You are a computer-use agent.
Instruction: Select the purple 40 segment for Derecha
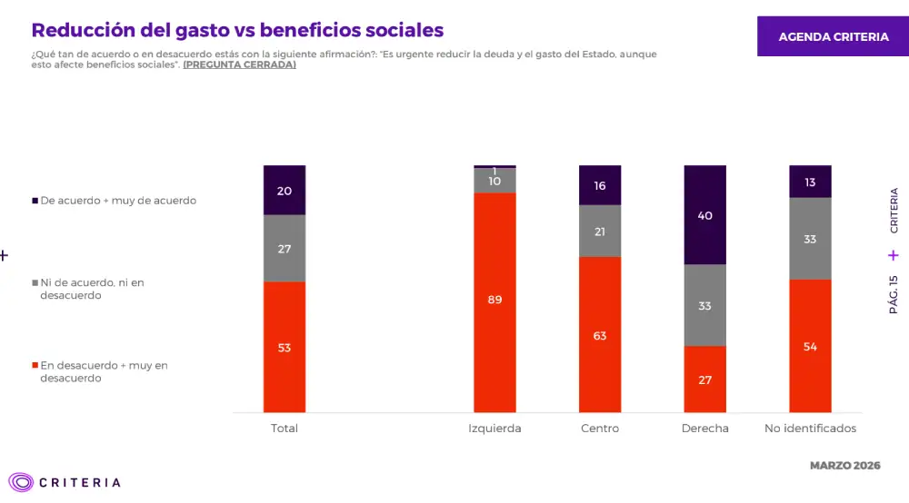coord(704,215)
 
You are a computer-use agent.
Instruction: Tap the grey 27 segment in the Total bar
coord(285,248)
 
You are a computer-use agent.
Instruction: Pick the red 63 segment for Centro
coord(600,335)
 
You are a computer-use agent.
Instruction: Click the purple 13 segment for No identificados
coord(810,182)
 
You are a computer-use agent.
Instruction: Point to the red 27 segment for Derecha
coord(704,380)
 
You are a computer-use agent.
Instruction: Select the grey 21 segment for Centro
coord(600,231)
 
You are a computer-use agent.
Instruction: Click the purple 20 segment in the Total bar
coord(285,190)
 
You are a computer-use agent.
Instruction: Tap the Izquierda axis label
coord(494,429)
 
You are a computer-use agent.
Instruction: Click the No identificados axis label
coord(810,429)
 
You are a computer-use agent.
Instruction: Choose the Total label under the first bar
coord(285,429)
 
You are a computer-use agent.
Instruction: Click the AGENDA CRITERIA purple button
coord(833,37)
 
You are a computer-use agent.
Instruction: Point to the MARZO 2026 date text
coord(844,466)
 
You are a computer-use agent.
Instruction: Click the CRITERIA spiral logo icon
coord(21,482)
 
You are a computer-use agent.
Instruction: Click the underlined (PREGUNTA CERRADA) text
coord(239,65)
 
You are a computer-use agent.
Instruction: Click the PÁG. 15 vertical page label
coord(894,294)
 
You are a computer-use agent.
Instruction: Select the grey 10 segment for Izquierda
coord(494,182)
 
